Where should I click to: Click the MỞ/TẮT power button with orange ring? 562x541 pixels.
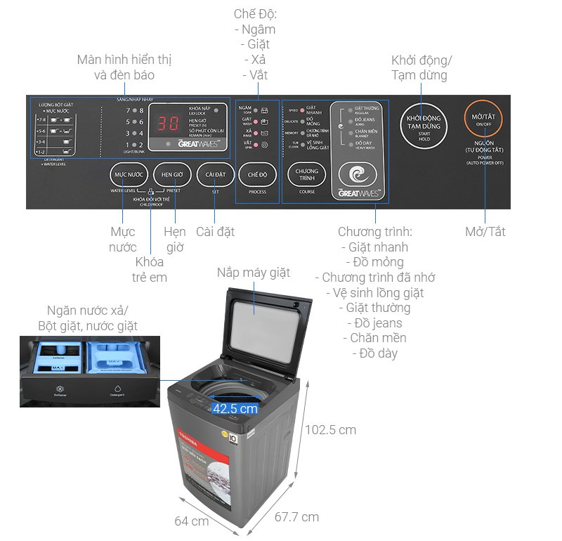[x=484, y=121]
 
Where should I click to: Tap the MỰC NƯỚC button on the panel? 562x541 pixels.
[x=129, y=174]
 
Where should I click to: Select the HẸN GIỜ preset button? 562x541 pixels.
[x=172, y=174]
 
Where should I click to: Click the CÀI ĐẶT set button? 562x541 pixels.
[x=214, y=174]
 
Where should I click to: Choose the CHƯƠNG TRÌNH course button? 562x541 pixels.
[x=307, y=174]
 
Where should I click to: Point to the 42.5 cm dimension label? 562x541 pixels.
[x=235, y=409]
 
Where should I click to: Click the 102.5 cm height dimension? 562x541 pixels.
[x=329, y=429]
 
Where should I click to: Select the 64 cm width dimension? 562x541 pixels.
[x=191, y=521]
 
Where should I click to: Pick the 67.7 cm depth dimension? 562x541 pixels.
[x=296, y=517]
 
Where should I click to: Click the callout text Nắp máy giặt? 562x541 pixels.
[x=254, y=273]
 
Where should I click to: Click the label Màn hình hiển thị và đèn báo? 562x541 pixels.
[x=124, y=67]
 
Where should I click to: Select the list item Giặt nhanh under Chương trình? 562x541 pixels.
[x=373, y=247]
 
